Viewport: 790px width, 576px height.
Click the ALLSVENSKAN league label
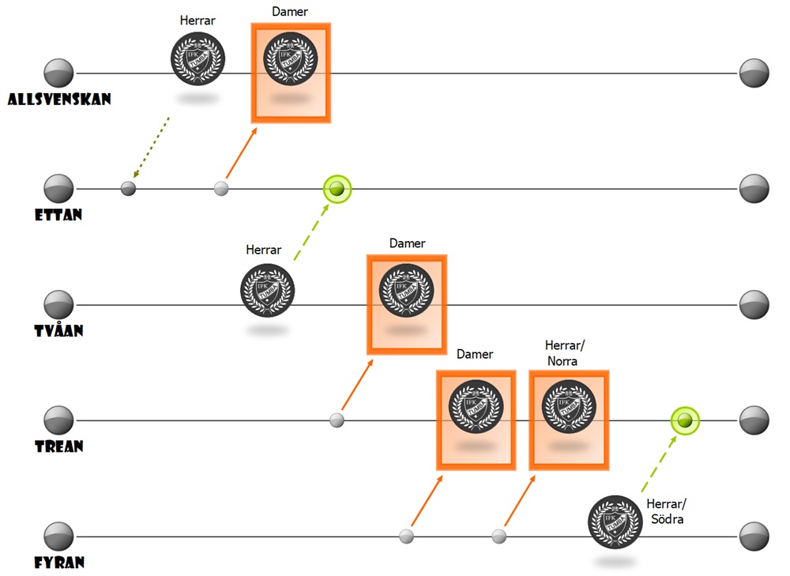(59, 100)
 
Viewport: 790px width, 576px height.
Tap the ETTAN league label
(58, 214)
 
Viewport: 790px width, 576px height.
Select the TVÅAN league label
(58, 330)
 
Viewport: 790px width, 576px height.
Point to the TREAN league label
(58, 446)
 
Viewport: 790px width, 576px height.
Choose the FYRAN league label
(59, 563)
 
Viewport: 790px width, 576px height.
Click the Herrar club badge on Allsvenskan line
(198, 58)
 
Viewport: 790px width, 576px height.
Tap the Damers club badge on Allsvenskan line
(290, 58)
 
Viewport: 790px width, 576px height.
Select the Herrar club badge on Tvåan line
(267, 290)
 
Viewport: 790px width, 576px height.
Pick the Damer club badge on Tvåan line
(407, 290)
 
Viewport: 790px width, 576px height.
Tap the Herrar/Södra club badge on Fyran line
(615, 522)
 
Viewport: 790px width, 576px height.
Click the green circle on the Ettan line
(337, 189)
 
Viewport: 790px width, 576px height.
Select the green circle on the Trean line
(685, 420)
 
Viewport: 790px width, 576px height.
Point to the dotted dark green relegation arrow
(151, 148)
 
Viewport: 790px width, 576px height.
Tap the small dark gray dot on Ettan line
(128, 189)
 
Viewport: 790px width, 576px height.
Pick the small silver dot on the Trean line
(337, 420)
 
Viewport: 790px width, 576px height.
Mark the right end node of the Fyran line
(754, 536)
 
